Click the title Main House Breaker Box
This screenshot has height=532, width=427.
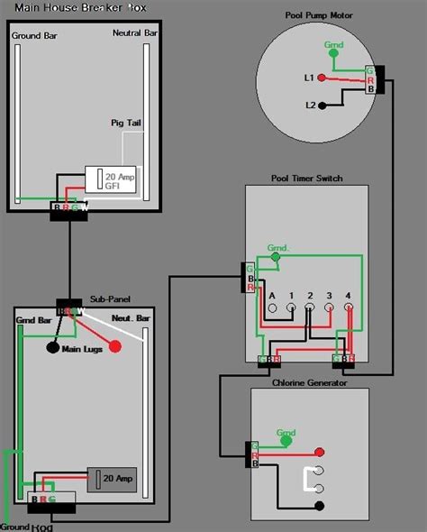point(80,7)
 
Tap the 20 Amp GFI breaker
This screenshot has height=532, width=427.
point(112,179)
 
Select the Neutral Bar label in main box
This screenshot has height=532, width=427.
point(136,33)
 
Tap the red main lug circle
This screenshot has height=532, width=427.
point(115,347)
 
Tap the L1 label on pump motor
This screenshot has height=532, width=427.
point(310,79)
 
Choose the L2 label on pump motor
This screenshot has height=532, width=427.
point(310,105)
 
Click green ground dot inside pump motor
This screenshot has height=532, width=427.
point(335,52)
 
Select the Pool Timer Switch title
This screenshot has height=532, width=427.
point(306,179)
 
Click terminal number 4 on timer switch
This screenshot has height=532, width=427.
point(348,295)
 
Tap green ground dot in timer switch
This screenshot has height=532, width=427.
point(276,258)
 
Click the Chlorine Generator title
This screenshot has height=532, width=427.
point(308,382)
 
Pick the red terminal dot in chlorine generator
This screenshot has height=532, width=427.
point(318,452)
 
